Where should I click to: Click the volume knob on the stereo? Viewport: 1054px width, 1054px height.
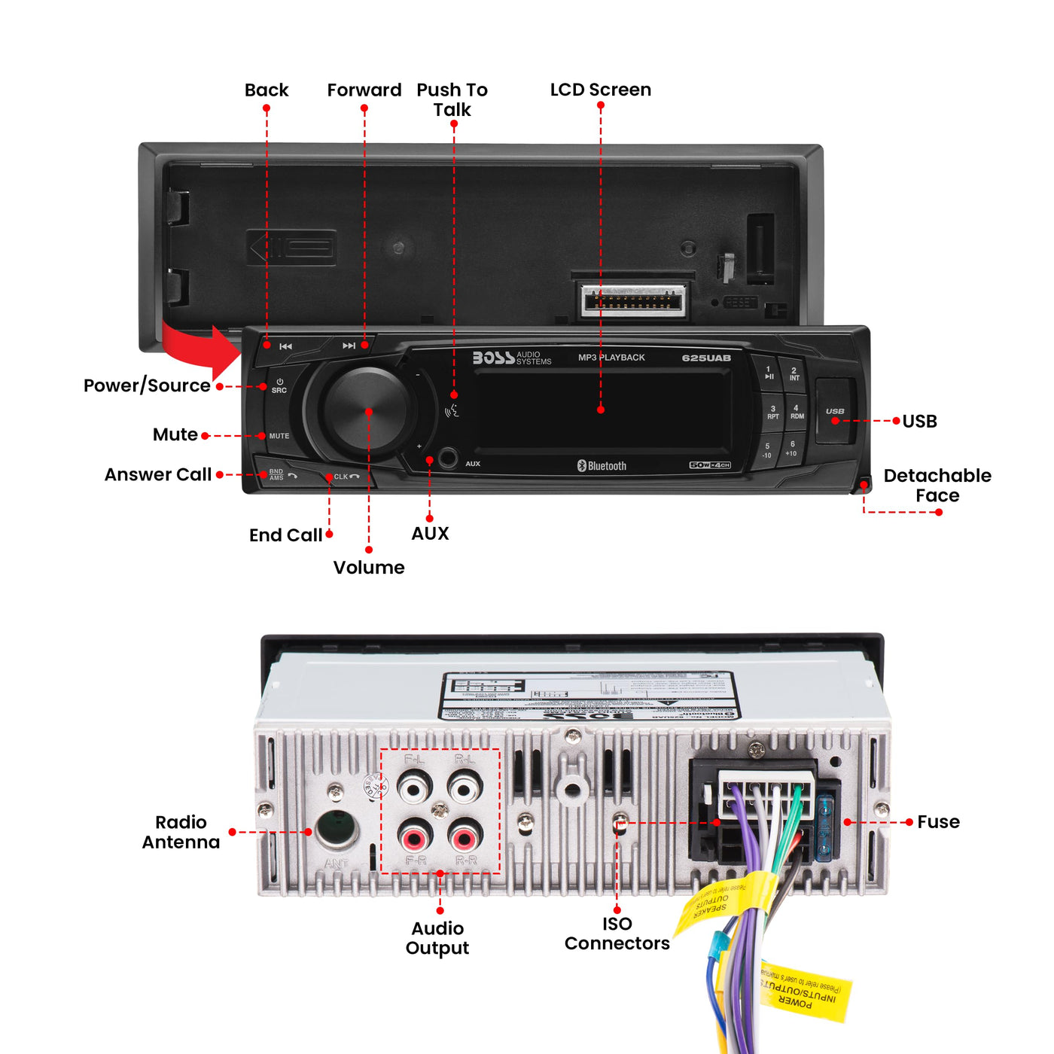pos(368,411)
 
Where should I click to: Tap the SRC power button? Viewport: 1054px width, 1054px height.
pos(279,386)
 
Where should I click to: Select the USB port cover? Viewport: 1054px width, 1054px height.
pos(835,410)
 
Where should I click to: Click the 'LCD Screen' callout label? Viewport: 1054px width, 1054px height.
pos(600,90)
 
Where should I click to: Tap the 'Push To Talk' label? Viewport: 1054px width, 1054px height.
pos(452,99)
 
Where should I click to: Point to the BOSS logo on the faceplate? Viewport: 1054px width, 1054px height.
pos(494,358)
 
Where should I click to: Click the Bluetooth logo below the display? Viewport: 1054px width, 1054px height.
pos(602,466)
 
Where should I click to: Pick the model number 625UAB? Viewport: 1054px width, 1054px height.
pos(706,358)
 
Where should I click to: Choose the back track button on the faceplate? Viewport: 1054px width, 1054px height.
pos(285,346)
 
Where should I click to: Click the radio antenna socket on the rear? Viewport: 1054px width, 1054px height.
pos(336,829)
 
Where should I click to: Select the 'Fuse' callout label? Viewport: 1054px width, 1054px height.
pos(938,822)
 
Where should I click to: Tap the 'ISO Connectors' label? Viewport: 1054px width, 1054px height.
pos(617,934)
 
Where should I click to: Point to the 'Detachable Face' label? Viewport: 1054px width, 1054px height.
pos(937,486)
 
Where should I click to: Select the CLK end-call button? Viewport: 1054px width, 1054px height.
pos(346,477)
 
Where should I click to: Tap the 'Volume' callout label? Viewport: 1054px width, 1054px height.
pos(369,568)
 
